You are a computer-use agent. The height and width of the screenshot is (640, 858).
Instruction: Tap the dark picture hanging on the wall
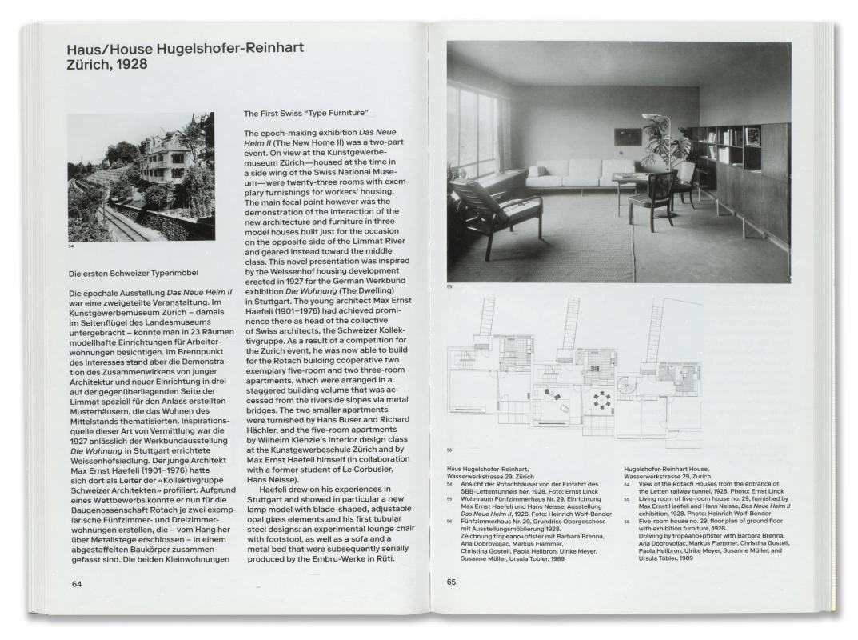tap(629, 137)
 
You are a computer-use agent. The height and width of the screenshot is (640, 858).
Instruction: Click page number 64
tap(76, 582)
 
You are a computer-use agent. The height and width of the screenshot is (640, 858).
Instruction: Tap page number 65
tap(452, 582)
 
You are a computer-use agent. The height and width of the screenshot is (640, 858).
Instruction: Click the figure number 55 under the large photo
tap(449, 287)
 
